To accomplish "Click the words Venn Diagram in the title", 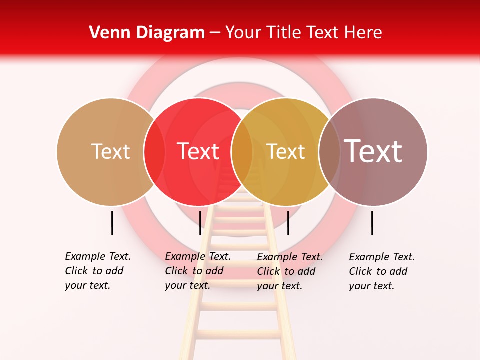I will click(x=147, y=33).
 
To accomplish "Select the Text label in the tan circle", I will click(x=110, y=151).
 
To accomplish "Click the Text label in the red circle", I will click(x=198, y=151).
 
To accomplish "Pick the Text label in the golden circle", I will click(x=285, y=151).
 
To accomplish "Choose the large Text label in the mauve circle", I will click(x=373, y=151).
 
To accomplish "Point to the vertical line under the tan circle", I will click(x=112, y=223).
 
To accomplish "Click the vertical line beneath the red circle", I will click(x=200, y=223).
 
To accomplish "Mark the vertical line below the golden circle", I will click(x=288, y=223).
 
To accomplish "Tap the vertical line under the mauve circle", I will click(x=372, y=223).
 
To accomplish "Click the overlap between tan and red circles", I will click(x=154, y=151).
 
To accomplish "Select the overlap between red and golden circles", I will click(x=242, y=151).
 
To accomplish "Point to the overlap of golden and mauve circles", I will click(x=329, y=151).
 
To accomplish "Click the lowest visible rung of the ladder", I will click(x=239, y=333).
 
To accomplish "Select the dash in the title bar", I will click(x=215, y=33).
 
